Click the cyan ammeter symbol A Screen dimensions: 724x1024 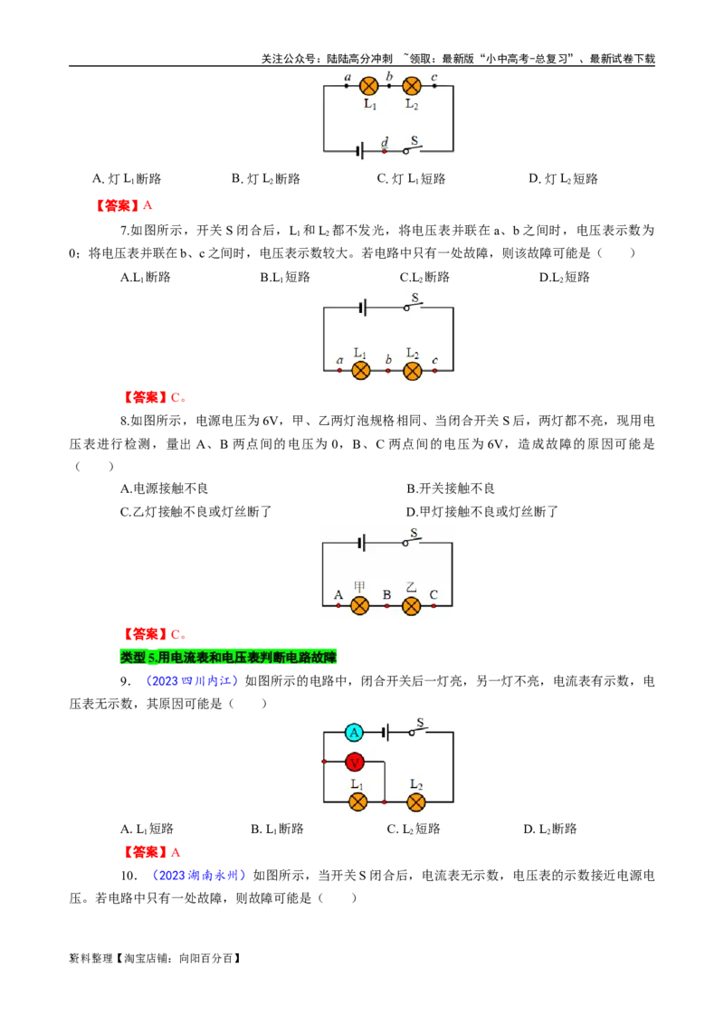click(x=354, y=733)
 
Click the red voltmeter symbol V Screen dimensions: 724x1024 click(x=354, y=763)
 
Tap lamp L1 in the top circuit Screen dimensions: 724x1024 click(x=369, y=86)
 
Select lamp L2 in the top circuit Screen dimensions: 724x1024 click(x=412, y=86)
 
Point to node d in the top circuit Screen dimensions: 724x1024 click(x=385, y=151)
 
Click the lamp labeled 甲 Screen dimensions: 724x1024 click(x=360, y=606)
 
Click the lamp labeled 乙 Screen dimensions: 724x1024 click(x=411, y=606)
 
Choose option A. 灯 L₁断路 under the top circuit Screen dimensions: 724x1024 click(x=127, y=179)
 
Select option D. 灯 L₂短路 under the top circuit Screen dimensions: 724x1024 click(x=563, y=179)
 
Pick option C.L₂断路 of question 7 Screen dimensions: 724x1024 click(x=424, y=278)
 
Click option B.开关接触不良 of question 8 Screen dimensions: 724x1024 click(x=450, y=488)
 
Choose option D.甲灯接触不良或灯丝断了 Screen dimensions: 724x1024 click(x=482, y=512)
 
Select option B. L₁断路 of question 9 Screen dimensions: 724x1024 click(x=277, y=830)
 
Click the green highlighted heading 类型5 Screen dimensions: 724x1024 click(x=228, y=657)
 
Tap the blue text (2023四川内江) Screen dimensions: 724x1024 click(x=189, y=681)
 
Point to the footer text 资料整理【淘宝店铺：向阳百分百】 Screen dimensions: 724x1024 click(x=155, y=959)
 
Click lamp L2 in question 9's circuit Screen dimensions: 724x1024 click(x=416, y=802)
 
